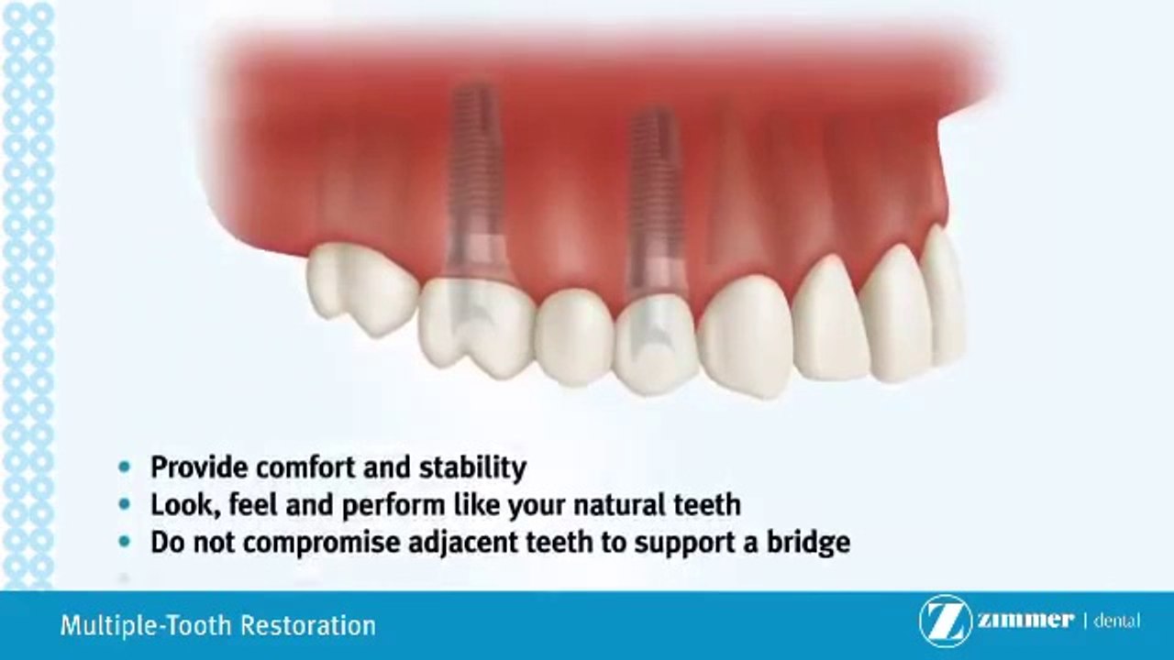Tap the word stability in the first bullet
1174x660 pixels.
click(472, 467)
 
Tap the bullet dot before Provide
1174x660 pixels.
click(125, 467)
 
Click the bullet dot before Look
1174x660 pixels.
click(125, 504)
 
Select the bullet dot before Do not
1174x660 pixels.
click(125, 542)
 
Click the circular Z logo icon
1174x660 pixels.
click(945, 621)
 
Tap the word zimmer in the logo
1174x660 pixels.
click(1024, 621)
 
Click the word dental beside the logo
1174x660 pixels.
click(1116, 621)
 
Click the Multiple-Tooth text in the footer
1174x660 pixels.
click(147, 626)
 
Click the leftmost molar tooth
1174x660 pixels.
click(360, 289)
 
